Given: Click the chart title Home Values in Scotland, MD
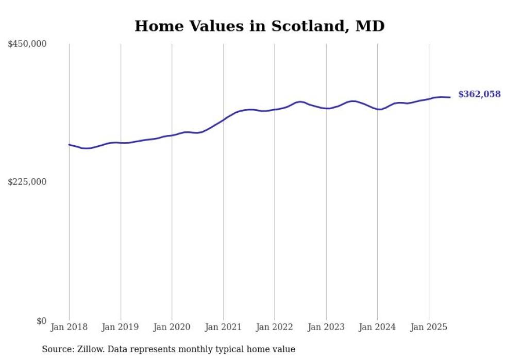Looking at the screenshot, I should pos(259,26).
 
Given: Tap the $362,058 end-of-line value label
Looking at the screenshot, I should pos(479,94).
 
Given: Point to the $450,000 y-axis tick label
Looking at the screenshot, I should pos(27,44).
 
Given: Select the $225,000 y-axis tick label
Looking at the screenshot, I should pos(27,182).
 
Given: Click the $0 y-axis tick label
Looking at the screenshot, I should pos(41,321).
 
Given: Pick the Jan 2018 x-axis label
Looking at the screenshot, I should pos(69,327).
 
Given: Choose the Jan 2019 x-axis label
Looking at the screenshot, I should pos(121,327).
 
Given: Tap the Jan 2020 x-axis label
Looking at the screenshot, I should pos(172,327).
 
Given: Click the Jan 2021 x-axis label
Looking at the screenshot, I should pos(223,327).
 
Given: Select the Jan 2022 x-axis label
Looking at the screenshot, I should pos(275,327).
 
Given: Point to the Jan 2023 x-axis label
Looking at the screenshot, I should pos(326,327).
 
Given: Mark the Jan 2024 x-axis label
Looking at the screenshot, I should pos(377,327).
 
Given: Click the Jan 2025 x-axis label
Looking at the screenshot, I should pos(429,327).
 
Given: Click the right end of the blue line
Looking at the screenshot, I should pos(450,97).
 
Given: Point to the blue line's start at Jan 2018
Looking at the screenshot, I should pos(69,145).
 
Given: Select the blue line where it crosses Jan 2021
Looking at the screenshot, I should pos(223,119).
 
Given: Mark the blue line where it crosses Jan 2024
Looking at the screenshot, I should pos(377,109).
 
